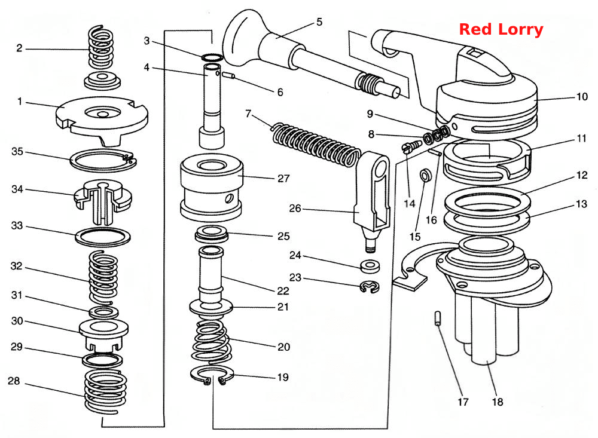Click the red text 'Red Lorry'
[501, 29]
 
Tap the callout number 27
[283, 179]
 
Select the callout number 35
[17, 152]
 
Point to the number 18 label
[498, 402]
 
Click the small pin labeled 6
[228, 75]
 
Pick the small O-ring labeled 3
[212, 57]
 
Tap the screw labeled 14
[412, 146]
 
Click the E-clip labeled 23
[369, 287]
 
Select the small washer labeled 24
[370, 266]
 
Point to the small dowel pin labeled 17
[438, 318]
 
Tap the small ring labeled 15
[425, 175]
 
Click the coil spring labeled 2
[101, 48]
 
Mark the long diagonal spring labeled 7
[316, 144]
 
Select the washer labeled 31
[103, 313]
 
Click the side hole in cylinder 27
[229, 198]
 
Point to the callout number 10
[582, 97]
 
